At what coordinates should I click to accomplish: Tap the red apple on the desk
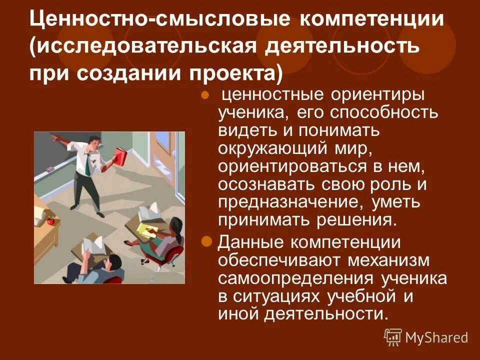pyautogui.click(x=50, y=220)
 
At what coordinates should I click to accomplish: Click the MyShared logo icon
pyautogui.click(x=393, y=337)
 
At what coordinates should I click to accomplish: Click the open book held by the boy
pyautogui.click(x=91, y=245)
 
